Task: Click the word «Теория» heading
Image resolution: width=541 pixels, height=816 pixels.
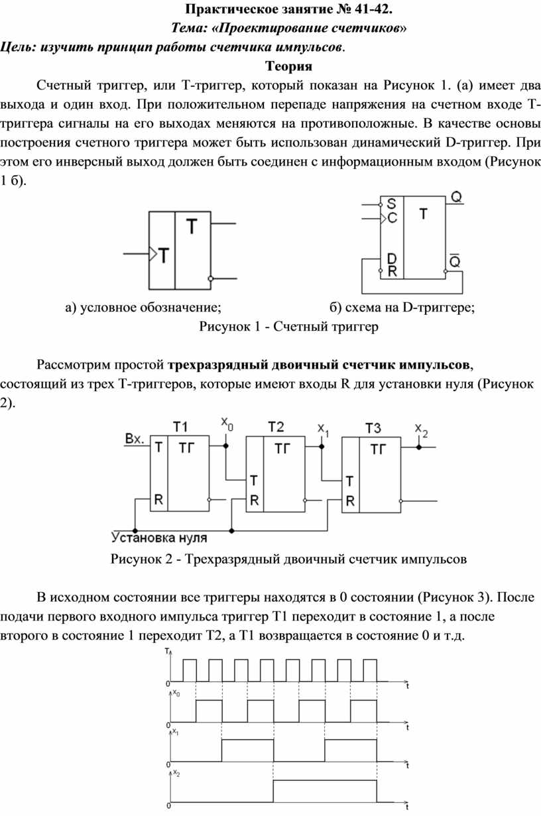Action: pyautogui.click(x=288, y=66)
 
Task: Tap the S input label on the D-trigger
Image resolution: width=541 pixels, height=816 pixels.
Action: pyautogui.click(x=391, y=204)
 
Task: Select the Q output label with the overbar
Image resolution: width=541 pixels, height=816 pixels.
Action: pyautogui.click(x=455, y=260)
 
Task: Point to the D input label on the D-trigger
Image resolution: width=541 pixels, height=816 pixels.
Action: pyautogui.click(x=392, y=259)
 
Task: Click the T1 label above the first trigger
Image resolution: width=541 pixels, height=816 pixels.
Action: pyautogui.click(x=180, y=427)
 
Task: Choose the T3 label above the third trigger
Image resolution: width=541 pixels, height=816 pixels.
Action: pyautogui.click(x=373, y=428)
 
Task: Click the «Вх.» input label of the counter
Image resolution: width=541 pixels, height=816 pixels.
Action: pyautogui.click(x=135, y=439)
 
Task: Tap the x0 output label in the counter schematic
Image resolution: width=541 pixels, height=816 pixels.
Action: pyautogui.click(x=227, y=424)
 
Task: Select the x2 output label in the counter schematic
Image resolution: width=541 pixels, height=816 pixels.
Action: pyautogui.click(x=421, y=431)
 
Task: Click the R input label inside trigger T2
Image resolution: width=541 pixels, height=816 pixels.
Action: pyautogui.click(x=255, y=500)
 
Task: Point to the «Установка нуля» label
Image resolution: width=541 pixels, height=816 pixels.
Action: pyautogui.click(x=159, y=538)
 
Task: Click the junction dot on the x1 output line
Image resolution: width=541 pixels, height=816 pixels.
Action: pyautogui.click(x=322, y=446)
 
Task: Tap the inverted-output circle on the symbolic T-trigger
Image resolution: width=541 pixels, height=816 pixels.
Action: pyautogui.click(x=210, y=278)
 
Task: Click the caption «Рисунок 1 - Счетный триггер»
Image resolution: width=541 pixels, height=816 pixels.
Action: pyautogui.click(x=288, y=326)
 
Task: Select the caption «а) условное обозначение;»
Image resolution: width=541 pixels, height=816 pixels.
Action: pyautogui.click(x=143, y=308)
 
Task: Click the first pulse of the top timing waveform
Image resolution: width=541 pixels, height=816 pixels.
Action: pyautogui.click(x=190, y=670)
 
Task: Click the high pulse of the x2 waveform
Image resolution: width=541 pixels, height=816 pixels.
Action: pyautogui.click(x=325, y=791)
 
